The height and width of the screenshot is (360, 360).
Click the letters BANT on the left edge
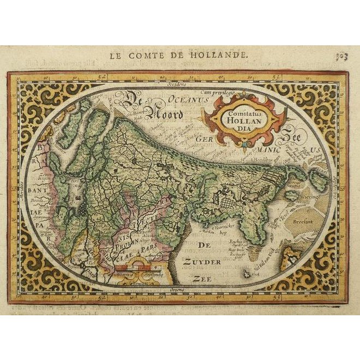tap(37, 190)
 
